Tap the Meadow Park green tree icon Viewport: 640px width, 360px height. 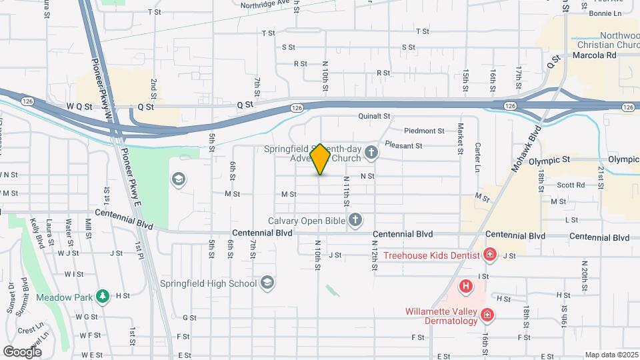pyautogui.click(x=102, y=295)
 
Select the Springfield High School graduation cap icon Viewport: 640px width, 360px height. pyautogui.click(x=267, y=283)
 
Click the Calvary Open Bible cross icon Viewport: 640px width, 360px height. pyautogui.click(x=355, y=220)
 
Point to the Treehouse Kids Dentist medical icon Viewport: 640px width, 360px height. pyautogui.click(x=490, y=255)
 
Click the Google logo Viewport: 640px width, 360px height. pyautogui.click(x=22, y=351)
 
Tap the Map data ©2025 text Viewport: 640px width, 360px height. pyautogui.click(x=611, y=355)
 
